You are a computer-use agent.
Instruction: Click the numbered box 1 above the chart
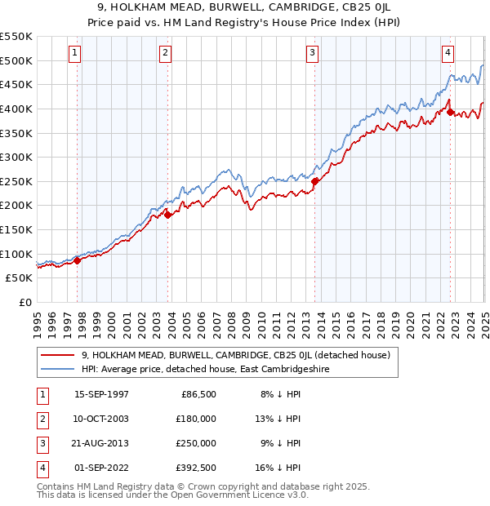74,54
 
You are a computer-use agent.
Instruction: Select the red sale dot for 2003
167,215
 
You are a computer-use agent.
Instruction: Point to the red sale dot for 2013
315,181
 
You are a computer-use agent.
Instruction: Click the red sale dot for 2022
450,112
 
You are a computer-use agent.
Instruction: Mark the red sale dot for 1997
78,260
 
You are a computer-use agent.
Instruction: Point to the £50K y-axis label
19,278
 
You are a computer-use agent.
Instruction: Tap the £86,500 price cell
196,394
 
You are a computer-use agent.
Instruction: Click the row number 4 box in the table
41,468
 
